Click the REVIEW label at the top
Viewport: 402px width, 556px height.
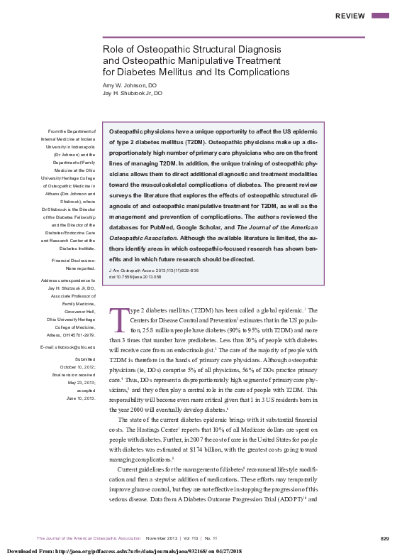pyautogui.click(x=350, y=16)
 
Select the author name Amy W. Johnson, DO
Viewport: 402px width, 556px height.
pyautogui.click(x=130, y=85)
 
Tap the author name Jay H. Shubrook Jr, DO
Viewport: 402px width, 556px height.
pyautogui.click(x=133, y=93)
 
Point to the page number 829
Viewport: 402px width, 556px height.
pyautogui.click(x=384, y=538)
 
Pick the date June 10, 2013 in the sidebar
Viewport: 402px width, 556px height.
pyautogui.click(x=79, y=398)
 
